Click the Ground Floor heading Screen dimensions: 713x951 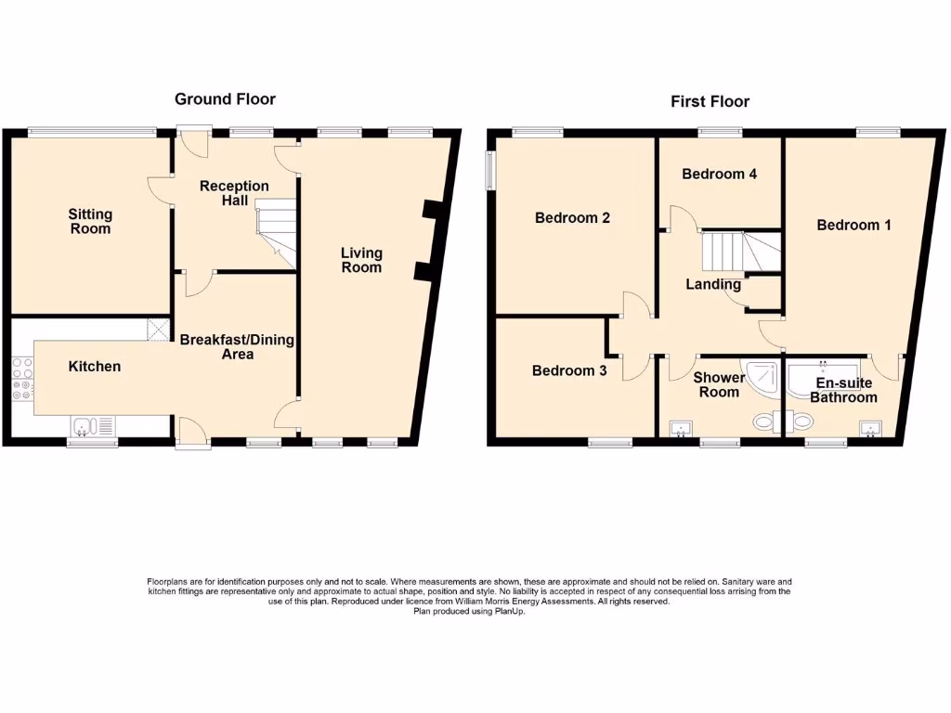tap(225, 99)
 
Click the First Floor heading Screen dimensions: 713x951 tap(710, 101)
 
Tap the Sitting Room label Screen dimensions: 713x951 tap(90, 222)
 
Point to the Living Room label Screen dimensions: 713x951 tap(361, 260)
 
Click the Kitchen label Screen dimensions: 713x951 tap(95, 367)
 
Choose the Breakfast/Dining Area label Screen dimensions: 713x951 tap(237, 346)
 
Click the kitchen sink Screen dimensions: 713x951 tap(93, 426)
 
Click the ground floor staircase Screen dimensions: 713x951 tap(276, 230)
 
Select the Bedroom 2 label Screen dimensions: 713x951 tap(572, 218)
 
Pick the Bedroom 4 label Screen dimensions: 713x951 tap(719, 174)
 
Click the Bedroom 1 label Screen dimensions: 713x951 tap(853, 225)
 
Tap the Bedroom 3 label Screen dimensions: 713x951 tap(569, 370)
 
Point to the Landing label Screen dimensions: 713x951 tap(713, 284)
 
